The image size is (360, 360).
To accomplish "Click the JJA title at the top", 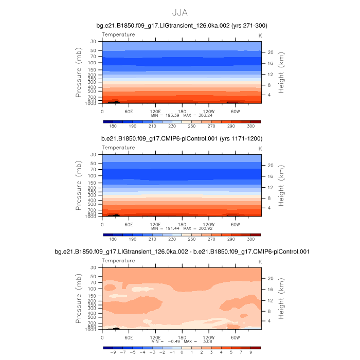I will point(180,12).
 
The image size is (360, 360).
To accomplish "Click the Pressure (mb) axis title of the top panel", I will point(79,73).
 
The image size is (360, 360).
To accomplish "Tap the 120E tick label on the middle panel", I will point(154,224).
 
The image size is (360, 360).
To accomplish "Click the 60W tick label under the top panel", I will point(236,111).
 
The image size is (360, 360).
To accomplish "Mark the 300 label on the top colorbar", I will point(250,126).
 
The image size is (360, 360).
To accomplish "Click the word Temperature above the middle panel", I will point(118,148).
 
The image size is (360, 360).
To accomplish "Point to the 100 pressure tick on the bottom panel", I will point(93,289).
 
